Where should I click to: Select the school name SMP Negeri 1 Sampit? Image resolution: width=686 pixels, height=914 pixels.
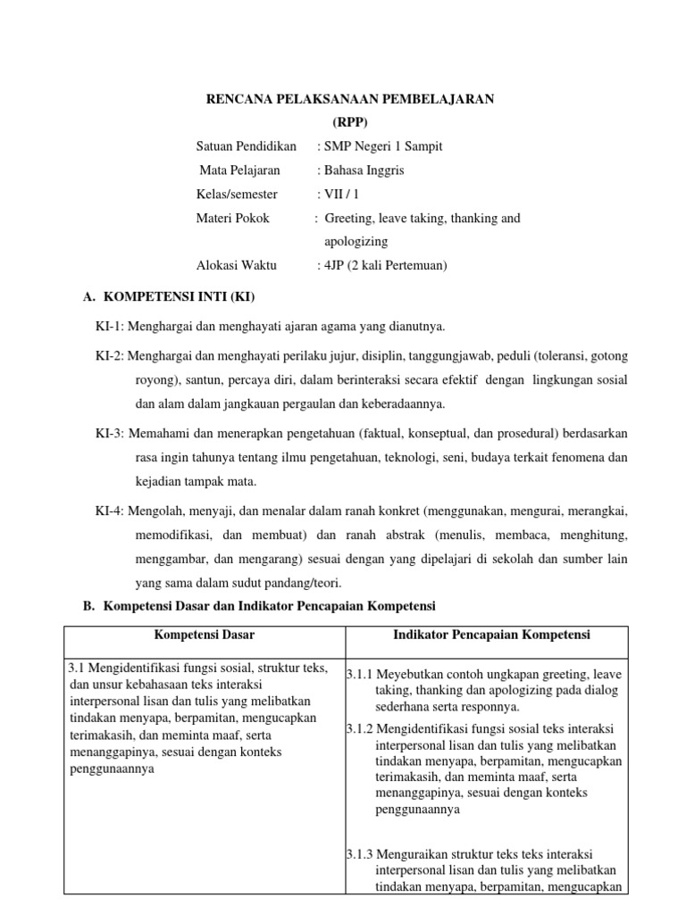click(384, 146)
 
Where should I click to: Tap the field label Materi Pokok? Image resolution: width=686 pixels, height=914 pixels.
click(232, 218)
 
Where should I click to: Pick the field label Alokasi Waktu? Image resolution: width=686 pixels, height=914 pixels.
click(237, 265)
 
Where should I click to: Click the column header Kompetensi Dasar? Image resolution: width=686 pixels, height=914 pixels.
click(205, 635)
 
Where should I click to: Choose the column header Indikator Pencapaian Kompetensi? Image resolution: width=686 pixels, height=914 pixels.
click(486, 635)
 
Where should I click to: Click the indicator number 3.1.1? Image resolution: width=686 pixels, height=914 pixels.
click(360, 674)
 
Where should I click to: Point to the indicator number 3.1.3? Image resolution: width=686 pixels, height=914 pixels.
click(360, 854)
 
